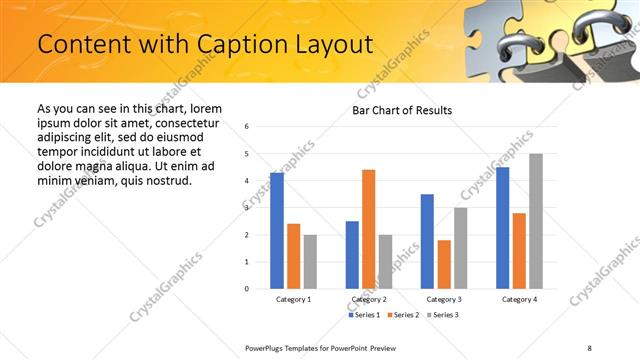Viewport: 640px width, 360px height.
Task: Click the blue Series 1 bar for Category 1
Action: (277, 230)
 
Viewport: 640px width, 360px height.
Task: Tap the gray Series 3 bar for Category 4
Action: (536, 221)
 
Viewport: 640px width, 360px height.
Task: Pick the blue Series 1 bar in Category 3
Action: (427, 241)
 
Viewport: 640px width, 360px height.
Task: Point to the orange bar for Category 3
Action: (444, 264)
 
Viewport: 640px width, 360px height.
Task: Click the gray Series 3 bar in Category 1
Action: (310, 262)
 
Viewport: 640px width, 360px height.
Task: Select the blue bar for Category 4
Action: (502, 227)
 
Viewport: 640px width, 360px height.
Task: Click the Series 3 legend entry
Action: (445, 315)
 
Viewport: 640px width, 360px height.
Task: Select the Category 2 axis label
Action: (368, 300)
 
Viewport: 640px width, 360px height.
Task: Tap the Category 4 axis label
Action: (519, 300)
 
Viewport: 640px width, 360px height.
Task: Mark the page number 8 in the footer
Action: (589, 347)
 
